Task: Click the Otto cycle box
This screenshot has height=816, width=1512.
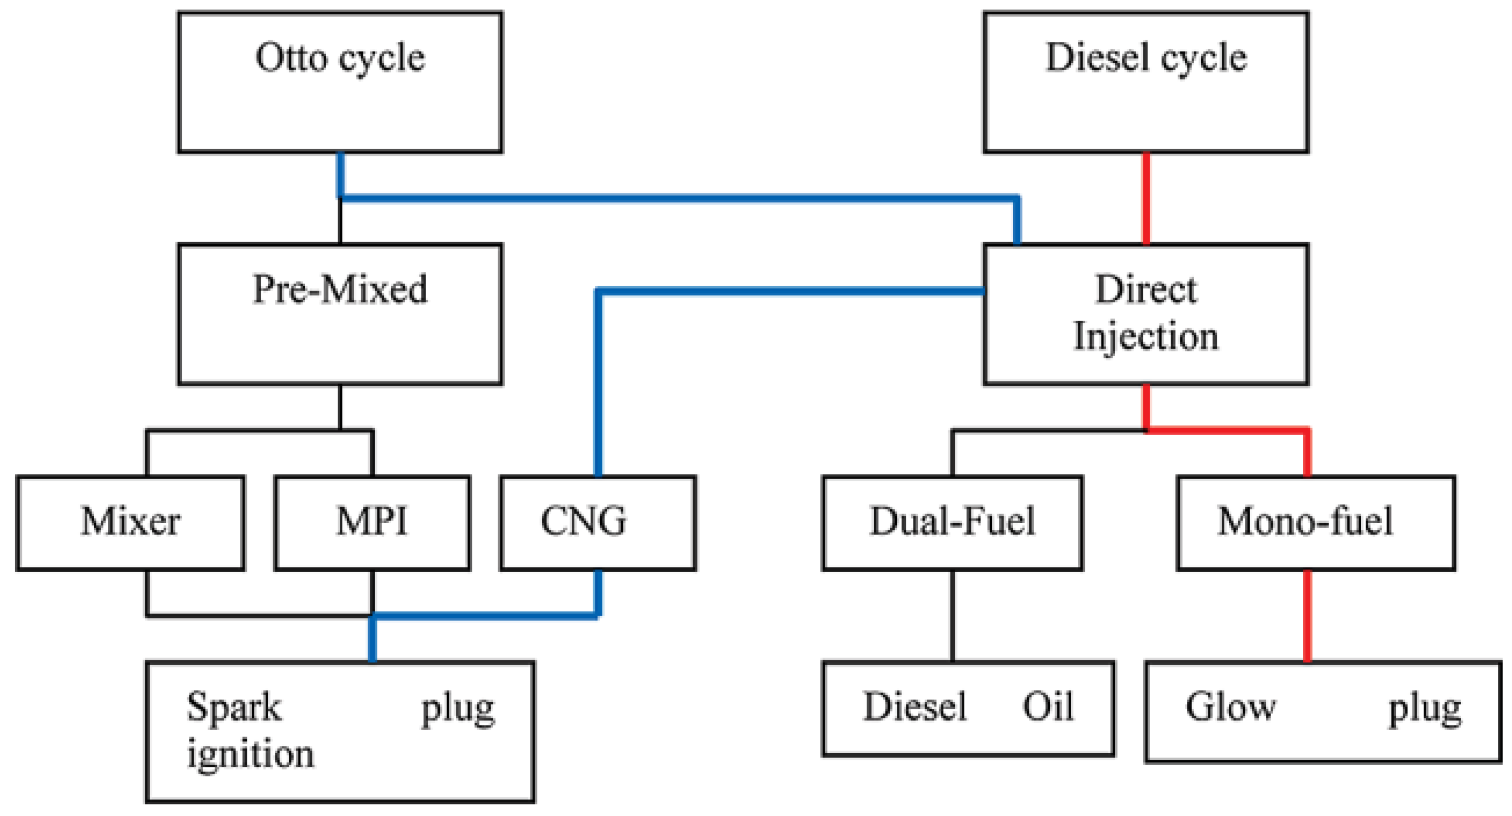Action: coord(340,82)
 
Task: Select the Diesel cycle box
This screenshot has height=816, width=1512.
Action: coord(1146,82)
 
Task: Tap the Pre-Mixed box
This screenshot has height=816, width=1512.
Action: coord(340,314)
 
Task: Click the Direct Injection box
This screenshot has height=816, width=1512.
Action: coord(1146,314)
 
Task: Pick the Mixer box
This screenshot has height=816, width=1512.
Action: coord(130,522)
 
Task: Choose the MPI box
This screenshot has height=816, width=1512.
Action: coord(372,522)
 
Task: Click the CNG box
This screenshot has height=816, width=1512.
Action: coord(597,522)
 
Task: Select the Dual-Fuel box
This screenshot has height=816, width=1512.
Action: coord(952,522)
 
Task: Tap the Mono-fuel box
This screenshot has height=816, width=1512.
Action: coord(1316,522)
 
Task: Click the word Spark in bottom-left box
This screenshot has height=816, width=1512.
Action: coord(234,708)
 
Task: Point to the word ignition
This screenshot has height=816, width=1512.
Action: coord(251,754)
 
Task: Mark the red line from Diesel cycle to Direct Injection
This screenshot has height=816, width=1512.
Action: coord(1146,198)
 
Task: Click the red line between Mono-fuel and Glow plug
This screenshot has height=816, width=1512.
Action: coord(1307,616)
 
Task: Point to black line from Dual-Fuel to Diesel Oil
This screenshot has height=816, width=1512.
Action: coord(952,616)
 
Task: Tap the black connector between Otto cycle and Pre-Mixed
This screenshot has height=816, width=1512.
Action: coord(340,222)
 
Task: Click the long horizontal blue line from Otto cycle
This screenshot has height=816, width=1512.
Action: coord(675,198)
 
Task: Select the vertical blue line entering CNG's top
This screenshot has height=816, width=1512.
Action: coord(598,381)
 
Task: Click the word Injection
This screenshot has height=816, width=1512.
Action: coord(1146,337)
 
